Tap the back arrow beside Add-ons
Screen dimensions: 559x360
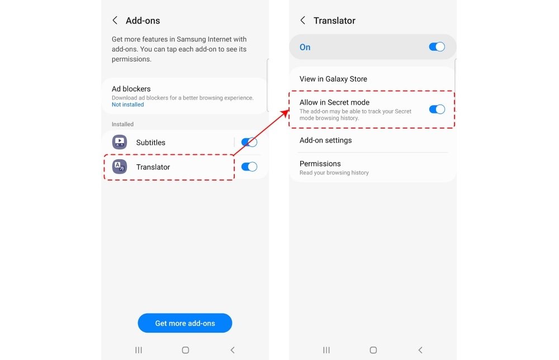pos(115,20)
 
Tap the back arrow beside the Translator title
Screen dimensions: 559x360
pos(302,20)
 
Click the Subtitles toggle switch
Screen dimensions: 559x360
pos(249,142)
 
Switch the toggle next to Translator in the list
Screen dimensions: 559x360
pos(249,167)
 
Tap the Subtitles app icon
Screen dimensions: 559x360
pos(120,142)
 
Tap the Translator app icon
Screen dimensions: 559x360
pos(120,167)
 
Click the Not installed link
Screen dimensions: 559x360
pos(127,105)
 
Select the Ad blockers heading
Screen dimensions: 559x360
pos(131,89)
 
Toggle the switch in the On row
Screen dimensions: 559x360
pos(437,47)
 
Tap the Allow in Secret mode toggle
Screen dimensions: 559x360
pos(437,109)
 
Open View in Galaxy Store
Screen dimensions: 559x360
pos(333,79)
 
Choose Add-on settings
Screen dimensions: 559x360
pos(325,140)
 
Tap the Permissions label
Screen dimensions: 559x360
pos(320,164)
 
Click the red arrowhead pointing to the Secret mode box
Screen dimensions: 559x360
pos(285,113)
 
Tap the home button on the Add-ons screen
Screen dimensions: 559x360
pos(186,350)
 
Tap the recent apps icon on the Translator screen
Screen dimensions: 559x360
pos(326,350)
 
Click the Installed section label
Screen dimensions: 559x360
pos(122,124)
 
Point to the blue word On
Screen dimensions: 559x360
pos(305,47)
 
